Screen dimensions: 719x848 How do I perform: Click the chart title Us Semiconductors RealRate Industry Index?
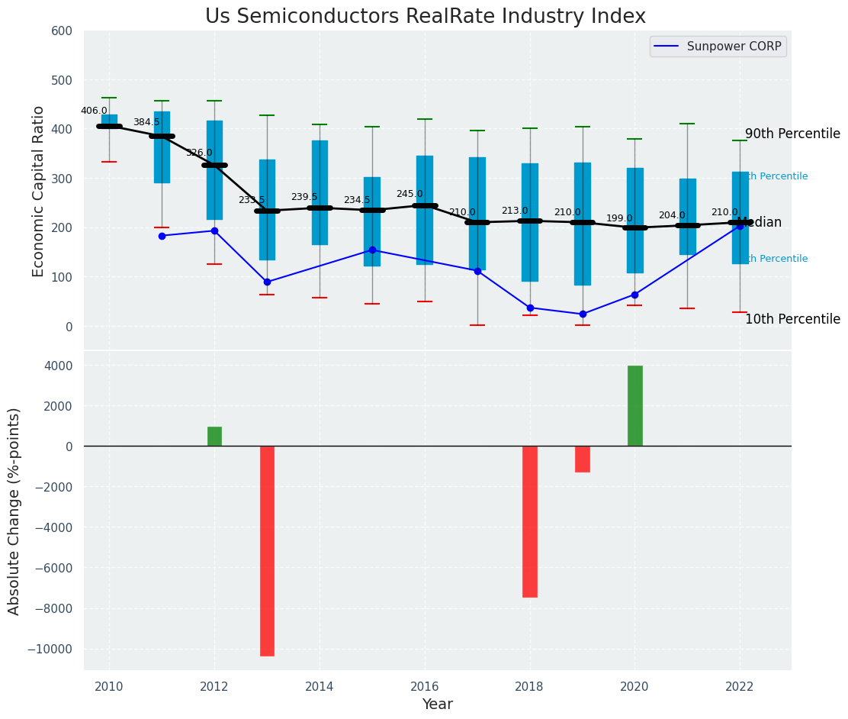click(x=425, y=17)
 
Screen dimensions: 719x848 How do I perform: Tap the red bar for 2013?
click(x=267, y=550)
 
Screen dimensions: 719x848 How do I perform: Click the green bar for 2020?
click(x=635, y=405)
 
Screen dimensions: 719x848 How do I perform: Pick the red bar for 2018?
click(x=530, y=521)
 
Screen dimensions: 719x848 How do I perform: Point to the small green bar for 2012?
click(x=214, y=437)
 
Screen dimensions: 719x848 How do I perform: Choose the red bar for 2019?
click(x=583, y=459)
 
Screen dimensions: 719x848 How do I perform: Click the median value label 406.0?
click(x=94, y=111)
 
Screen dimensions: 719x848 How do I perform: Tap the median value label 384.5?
click(x=146, y=123)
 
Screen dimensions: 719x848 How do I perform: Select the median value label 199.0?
click(x=619, y=219)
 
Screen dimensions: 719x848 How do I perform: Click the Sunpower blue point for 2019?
click(x=583, y=314)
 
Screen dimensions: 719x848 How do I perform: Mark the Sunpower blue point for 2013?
click(x=267, y=282)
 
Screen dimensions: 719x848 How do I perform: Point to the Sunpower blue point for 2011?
click(x=162, y=236)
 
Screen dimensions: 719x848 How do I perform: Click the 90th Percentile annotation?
click(x=792, y=134)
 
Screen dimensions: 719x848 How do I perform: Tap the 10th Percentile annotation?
click(x=792, y=320)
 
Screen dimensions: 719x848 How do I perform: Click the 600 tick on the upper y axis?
click(x=62, y=31)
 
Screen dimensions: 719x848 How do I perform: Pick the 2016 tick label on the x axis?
click(x=425, y=686)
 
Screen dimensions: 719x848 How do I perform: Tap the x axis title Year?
click(x=438, y=704)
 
